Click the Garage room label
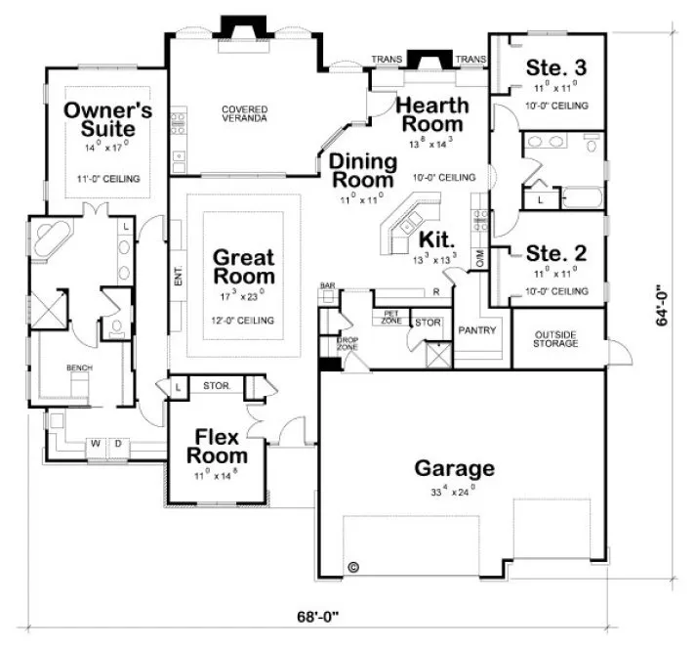pyautogui.click(x=454, y=468)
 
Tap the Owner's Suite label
pyautogui.click(x=107, y=120)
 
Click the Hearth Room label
pyautogui.click(x=430, y=114)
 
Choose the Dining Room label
pyautogui.click(x=362, y=170)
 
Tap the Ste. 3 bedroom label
pyautogui.click(x=556, y=67)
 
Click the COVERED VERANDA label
pyautogui.click(x=245, y=114)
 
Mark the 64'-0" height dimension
pyautogui.click(x=664, y=305)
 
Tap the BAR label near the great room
pyautogui.click(x=327, y=286)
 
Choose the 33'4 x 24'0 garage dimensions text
pyautogui.click(x=449, y=491)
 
